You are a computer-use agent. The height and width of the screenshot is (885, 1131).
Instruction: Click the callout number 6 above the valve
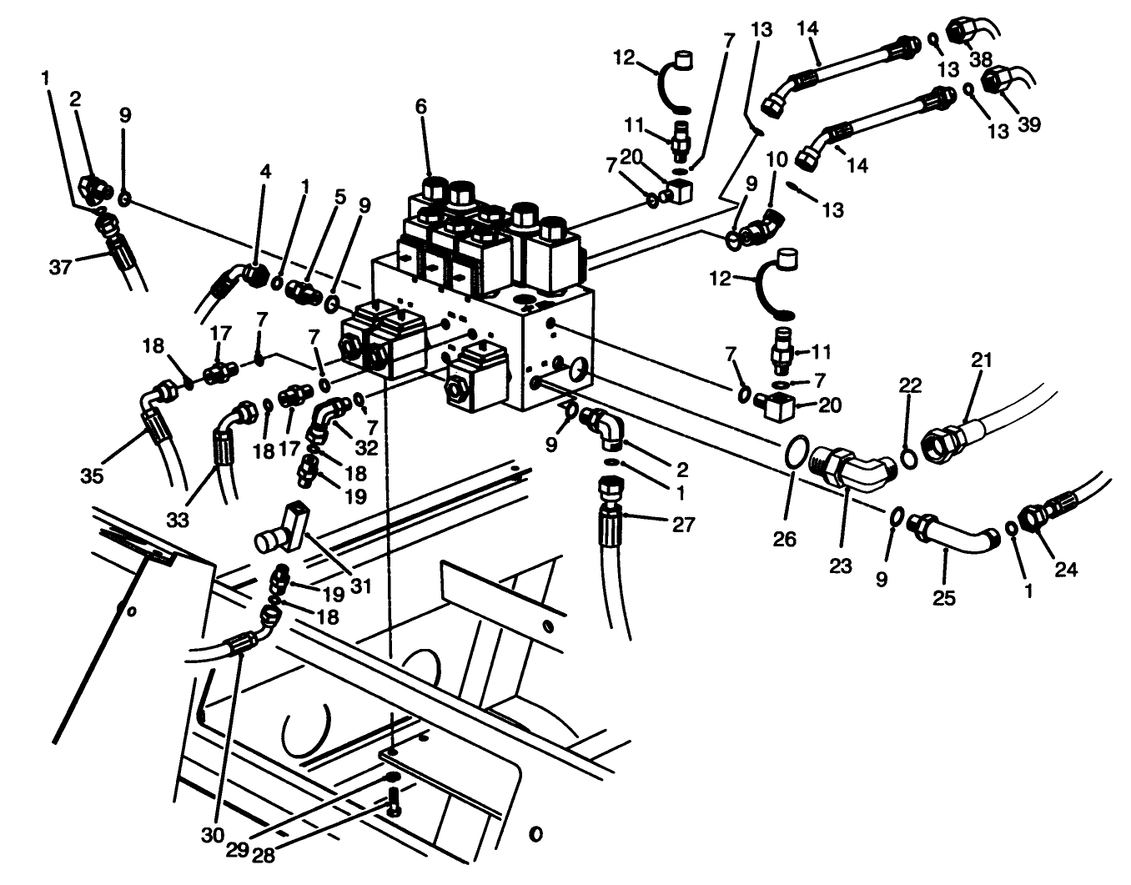pos(420,106)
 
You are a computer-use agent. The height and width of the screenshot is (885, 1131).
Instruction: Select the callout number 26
pos(784,539)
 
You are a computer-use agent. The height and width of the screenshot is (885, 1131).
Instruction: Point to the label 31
pos(359,586)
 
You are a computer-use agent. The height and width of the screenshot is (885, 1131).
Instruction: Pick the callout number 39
pos(1029,124)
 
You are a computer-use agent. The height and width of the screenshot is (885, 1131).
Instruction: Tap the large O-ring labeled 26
pos(797,455)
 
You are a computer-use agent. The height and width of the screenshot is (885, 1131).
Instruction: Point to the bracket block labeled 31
pos(284,528)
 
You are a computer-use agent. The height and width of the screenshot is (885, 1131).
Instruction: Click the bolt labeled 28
pos(394,805)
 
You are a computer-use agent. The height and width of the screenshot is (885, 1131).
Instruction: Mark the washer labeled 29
pos(392,777)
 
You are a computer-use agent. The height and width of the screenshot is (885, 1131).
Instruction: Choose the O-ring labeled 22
pos(909,458)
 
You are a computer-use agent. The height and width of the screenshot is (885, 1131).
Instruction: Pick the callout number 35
pos(92,475)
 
